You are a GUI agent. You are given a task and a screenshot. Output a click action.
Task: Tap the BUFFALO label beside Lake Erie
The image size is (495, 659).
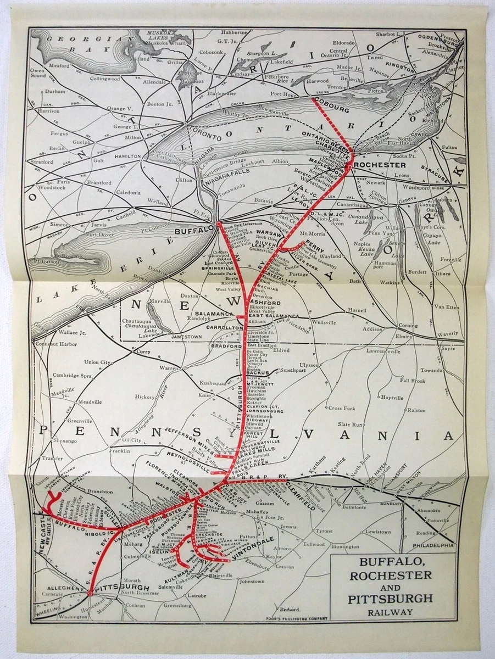(193, 231)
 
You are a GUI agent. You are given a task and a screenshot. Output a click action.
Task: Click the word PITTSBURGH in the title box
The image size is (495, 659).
(390, 599)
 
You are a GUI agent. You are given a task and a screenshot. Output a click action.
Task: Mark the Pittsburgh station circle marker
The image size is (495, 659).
(90, 593)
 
